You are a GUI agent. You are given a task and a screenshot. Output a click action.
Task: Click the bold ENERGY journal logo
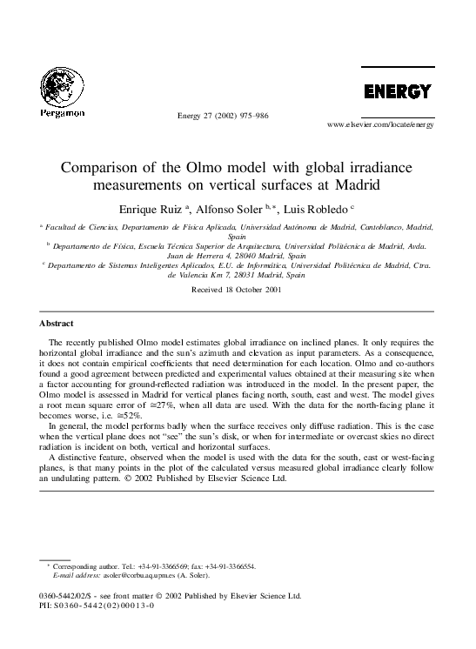coord(397,91)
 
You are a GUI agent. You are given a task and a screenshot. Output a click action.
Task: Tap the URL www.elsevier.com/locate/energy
coord(379,125)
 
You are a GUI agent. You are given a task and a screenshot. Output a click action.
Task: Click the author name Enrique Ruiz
coord(155,209)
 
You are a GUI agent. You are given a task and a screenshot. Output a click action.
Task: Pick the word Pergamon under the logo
coord(60,113)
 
